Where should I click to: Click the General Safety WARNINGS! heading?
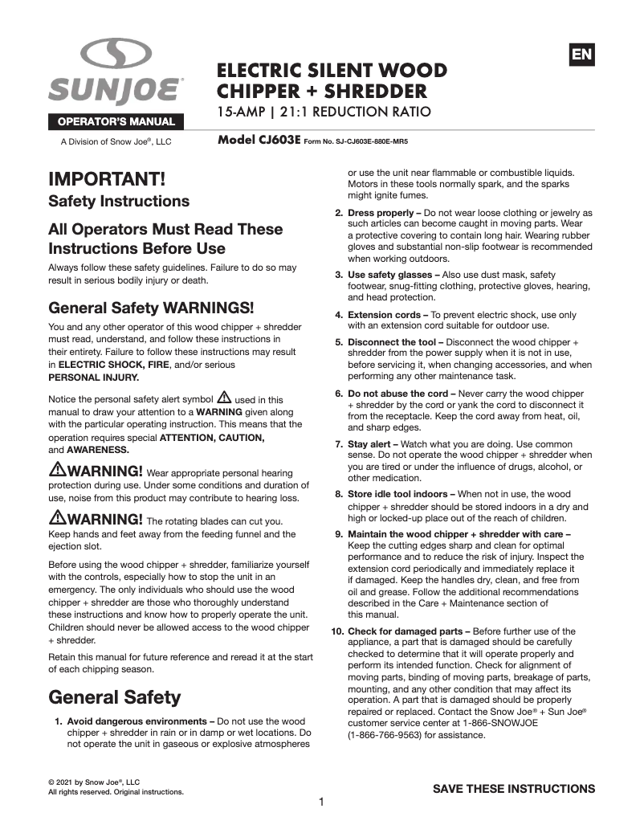coord(151,308)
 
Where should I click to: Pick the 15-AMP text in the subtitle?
coord(244,111)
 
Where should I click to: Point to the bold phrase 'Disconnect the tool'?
coord(389,342)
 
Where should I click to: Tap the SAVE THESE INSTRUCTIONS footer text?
coord(514,788)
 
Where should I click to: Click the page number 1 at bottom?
coord(321,802)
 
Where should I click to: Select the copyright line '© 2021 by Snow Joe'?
coord(94,782)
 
